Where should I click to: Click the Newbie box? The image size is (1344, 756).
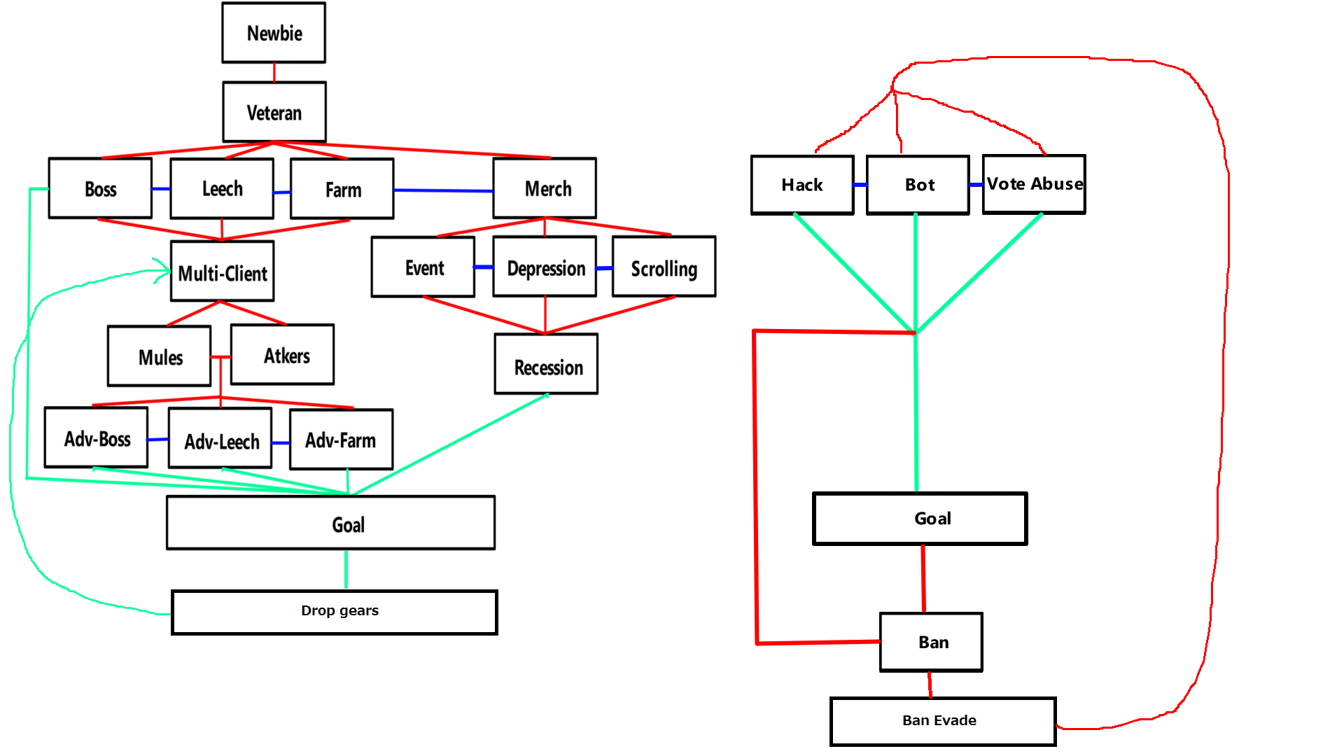click(274, 33)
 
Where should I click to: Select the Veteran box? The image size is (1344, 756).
click(274, 112)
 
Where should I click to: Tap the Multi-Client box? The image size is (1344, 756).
click(223, 272)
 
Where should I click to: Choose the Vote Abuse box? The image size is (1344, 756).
click(1034, 184)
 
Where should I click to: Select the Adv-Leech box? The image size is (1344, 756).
click(220, 439)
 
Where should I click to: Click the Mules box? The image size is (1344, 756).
click(160, 356)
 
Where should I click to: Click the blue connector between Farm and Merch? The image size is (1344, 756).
click(443, 190)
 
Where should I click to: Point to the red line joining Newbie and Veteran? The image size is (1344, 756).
click(274, 72)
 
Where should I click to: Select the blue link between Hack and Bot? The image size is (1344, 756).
click(860, 185)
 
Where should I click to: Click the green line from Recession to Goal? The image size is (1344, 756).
click(448, 445)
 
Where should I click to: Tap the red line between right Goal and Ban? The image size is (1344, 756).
click(923, 579)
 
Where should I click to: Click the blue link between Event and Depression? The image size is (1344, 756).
click(484, 267)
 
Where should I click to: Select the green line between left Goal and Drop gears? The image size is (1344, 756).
click(346, 570)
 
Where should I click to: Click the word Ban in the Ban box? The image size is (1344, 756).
click(933, 643)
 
